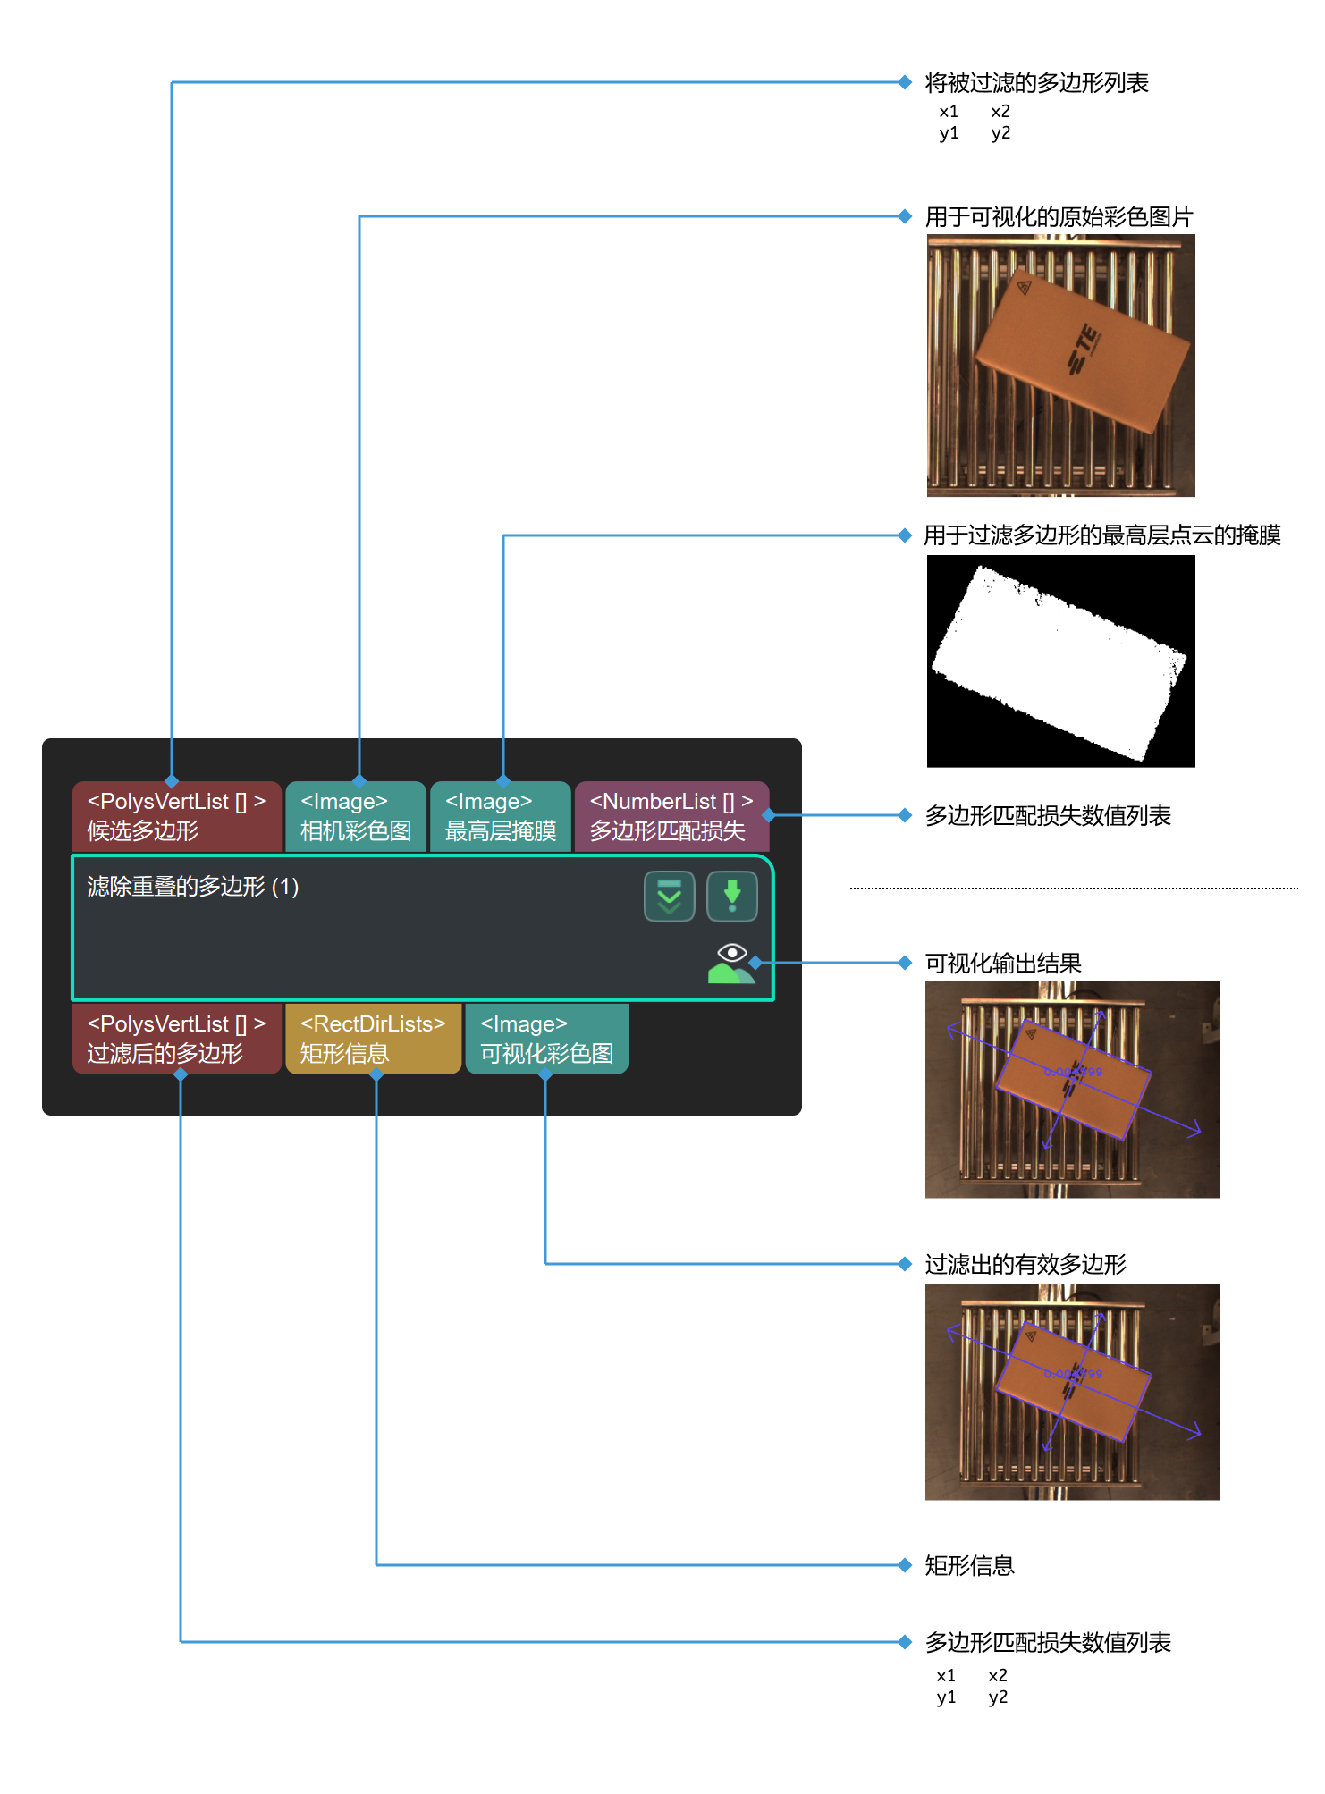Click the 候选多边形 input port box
[176, 816]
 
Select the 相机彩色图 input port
[356, 816]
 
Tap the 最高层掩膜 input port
[500, 816]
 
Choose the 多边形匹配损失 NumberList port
[671, 816]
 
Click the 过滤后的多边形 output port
[176, 1038]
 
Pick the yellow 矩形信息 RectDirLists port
[373, 1038]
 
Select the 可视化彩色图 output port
[546, 1038]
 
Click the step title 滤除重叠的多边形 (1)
[193, 887]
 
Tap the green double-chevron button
[669, 896]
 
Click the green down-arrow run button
[731, 896]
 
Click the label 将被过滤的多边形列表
[1036, 83]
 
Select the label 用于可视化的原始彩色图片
[1059, 217]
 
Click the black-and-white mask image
[1060, 661]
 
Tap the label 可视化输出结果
[1003, 964]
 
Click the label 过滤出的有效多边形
[1025, 1265]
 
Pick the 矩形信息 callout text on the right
[969, 1566]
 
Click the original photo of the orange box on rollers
[1060, 366]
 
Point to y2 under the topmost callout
[1000, 133]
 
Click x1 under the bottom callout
[946, 1676]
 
